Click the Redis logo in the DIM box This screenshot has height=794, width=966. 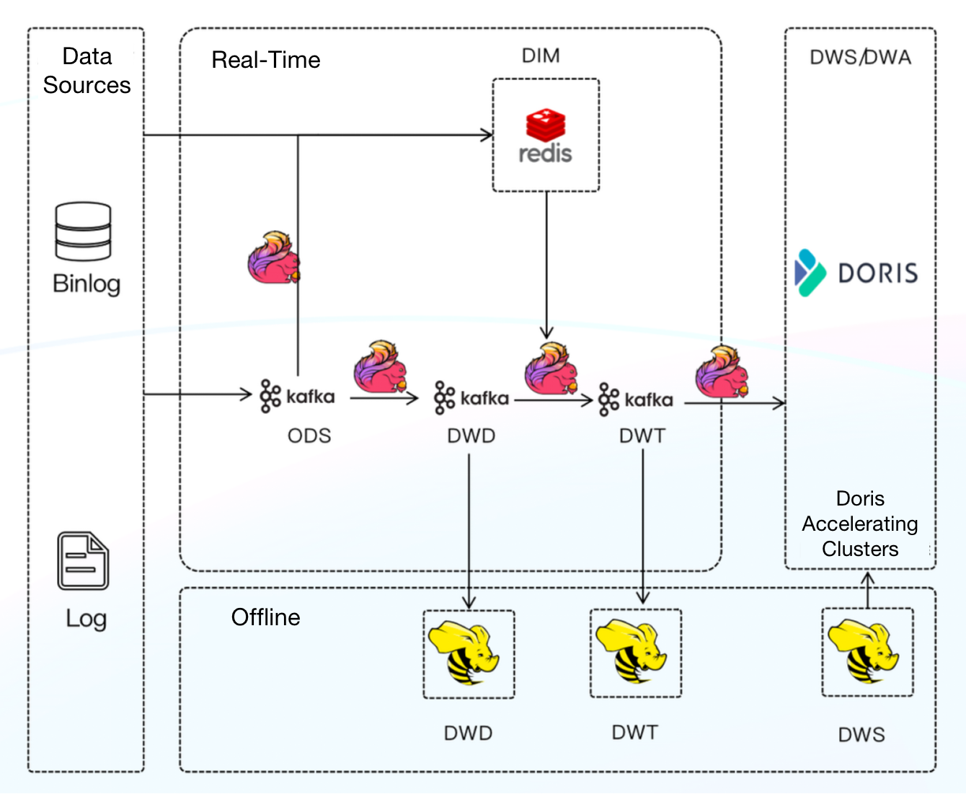(x=545, y=136)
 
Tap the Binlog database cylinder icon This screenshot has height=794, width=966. (x=83, y=231)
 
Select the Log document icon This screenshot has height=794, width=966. (x=83, y=561)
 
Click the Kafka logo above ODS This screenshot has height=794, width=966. (x=297, y=396)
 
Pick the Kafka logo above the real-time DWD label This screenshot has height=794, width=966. (x=471, y=398)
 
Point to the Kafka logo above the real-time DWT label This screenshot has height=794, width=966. (x=636, y=400)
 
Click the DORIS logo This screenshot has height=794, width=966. (x=856, y=273)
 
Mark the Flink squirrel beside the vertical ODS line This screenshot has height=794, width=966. (x=272, y=257)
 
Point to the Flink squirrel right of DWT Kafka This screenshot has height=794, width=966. (x=722, y=372)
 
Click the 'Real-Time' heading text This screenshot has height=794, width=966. (x=265, y=60)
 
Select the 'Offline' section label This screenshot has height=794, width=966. (x=265, y=617)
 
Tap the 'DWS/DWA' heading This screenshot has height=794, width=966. (x=860, y=57)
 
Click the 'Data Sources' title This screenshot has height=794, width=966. (x=87, y=71)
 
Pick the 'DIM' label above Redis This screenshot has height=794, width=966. (x=541, y=56)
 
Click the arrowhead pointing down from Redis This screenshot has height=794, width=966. (x=546, y=332)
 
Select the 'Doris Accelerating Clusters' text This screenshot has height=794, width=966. (x=860, y=524)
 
